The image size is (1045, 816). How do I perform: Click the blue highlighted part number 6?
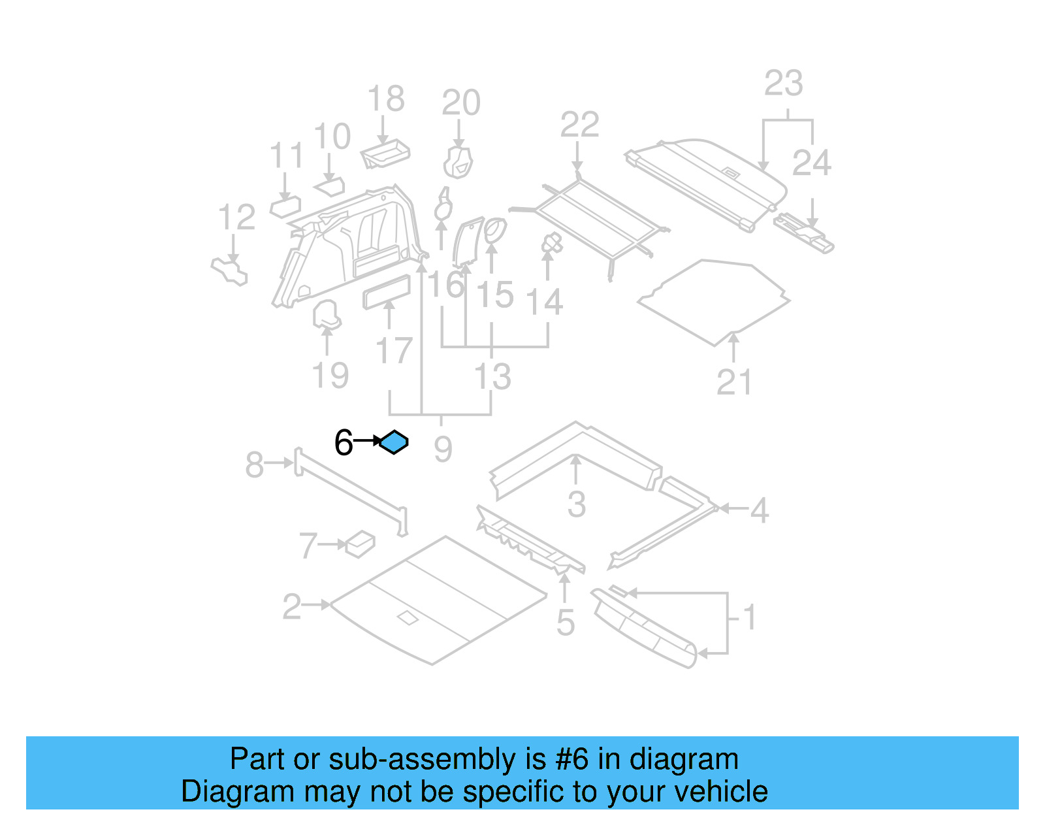point(394,442)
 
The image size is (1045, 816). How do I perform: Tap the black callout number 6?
point(344,443)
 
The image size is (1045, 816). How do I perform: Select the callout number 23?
point(783,84)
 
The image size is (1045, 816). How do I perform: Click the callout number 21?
point(734,382)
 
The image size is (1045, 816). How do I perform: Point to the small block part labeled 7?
point(360,544)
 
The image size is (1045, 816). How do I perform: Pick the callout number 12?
point(236,218)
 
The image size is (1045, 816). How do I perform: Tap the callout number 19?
point(330,376)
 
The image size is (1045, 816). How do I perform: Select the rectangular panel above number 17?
point(387,291)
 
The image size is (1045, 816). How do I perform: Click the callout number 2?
point(292,607)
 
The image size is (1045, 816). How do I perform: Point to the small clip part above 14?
point(552,244)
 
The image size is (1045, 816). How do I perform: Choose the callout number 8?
point(254,465)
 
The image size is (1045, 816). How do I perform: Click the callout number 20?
point(461,103)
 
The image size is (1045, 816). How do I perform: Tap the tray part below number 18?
point(385,154)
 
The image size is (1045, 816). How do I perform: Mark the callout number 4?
point(759,510)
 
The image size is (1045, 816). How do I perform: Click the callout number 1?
point(750,617)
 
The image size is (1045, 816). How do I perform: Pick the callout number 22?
point(579,125)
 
